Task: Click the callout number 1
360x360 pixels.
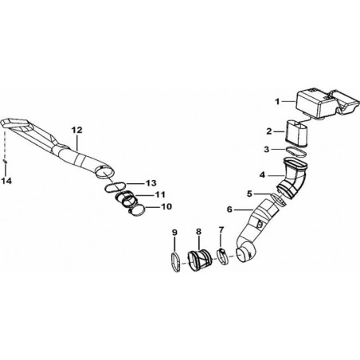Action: tap(277, 102)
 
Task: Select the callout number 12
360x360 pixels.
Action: tap(77, 130)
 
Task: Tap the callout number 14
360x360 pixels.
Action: tap(6, 181)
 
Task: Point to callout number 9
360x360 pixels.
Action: tap(174, 233)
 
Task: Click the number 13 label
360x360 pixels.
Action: tap(151, 183)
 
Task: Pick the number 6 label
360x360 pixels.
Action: tap(229, 209)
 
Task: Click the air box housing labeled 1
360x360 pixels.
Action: tap(327, 105)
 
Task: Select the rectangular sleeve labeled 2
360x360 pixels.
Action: tap(297, 133)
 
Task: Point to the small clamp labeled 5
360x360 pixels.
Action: tap(279, 199)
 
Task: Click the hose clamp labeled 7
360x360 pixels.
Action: tap(224, 256)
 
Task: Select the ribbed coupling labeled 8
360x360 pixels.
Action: tap(200, 261)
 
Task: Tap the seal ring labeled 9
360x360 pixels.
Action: tap(176, 262)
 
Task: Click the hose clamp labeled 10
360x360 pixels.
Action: tap(137, 211)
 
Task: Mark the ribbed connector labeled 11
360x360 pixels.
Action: tap(126, 200)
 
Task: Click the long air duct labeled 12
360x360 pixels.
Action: tap(57, 147)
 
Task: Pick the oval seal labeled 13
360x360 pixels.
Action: tap(115, 187)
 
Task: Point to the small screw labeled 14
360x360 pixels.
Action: tap(5, 161)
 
